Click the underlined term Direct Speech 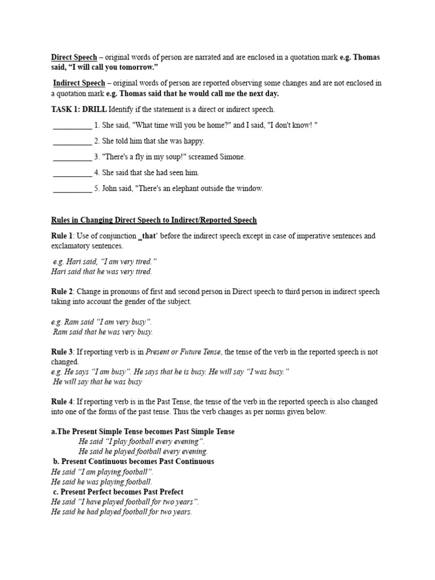(74, 57)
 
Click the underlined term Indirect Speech (79, 83)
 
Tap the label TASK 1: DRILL (79, 109)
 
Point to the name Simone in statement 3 (232, 157)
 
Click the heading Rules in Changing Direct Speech (153, 220)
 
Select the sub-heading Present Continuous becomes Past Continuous (133, 461)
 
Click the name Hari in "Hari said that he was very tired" (58, 271)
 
